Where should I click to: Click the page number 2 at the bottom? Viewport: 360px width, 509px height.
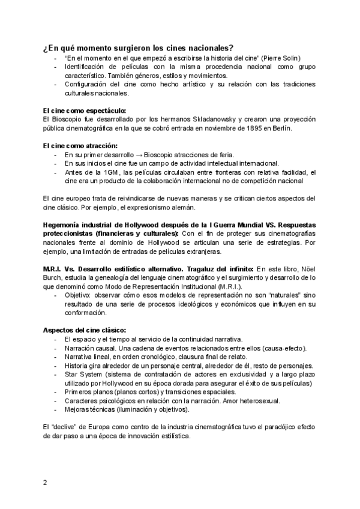(x=46, y=483)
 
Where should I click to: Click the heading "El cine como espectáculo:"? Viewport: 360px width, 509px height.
(x=76, y=111)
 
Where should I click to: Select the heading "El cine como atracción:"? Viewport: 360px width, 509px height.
(x=72, y=146)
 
